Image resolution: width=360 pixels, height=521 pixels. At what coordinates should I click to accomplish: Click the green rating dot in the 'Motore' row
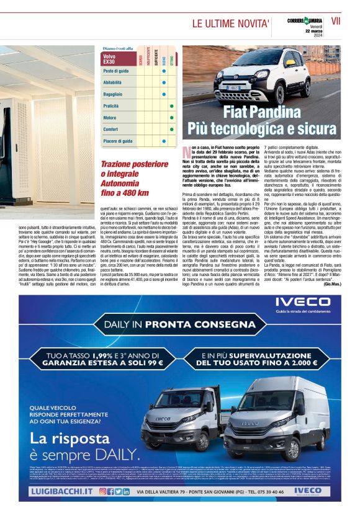coord(171,117)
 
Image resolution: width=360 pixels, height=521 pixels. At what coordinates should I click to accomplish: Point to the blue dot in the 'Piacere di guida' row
coord(163,141)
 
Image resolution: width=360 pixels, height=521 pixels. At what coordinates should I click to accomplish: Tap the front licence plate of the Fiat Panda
coord(232,87)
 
